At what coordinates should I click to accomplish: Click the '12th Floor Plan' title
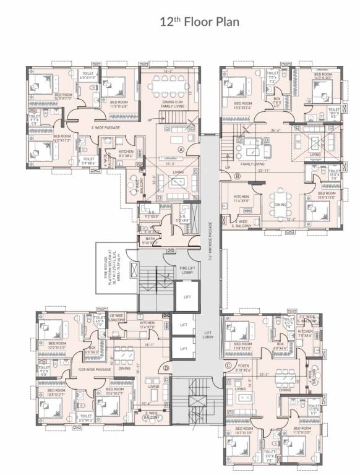point(180,22)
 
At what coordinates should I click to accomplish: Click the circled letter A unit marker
point(181,149)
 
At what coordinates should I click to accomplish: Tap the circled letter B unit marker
point(238,176)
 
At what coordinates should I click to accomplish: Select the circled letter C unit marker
point(229,366)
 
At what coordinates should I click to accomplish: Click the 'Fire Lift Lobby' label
point(189,270)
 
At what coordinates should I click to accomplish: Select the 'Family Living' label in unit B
point(253,164)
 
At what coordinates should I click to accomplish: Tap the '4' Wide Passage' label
point(105,127)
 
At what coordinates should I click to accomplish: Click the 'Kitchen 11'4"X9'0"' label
point(241,199)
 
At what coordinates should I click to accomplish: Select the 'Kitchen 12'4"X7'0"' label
point(147,325)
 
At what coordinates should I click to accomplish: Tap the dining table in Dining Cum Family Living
point(169,84)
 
